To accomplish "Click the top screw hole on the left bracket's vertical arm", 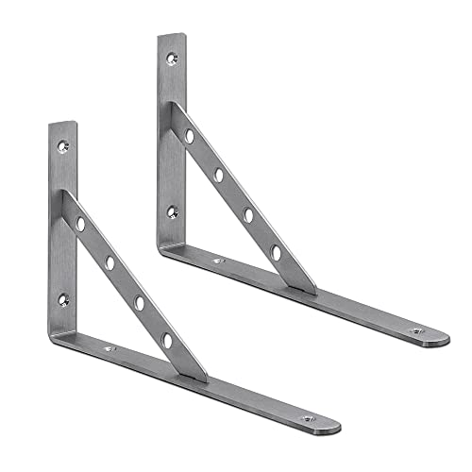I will click(x=63, y=147).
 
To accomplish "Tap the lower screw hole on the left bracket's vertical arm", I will click(x=64, y=300).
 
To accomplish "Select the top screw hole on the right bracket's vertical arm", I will click(x=172, y=59).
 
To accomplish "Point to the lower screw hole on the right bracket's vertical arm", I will click(x=173, y=212).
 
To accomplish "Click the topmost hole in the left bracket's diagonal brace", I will click(x=81, y=224).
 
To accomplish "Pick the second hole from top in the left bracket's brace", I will click(x=110, y=262).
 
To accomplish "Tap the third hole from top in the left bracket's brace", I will click(x=140, y=302).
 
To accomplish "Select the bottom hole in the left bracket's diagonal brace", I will click(x=168, y=339).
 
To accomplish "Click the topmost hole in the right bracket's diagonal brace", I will click(x=190, y=136).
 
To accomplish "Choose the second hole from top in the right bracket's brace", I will click(x=219, y=175).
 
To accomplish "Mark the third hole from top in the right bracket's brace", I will click(x=248, y=214).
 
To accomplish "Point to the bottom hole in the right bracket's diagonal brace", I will click(x=277, y=252).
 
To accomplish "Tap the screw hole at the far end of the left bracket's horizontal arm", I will click(x=308, y=417).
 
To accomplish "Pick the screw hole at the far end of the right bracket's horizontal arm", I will click(x=416, y=331).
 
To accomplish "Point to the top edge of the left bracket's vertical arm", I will click(x=61, y=123).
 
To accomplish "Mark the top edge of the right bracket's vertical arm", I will click(x=171, y=35).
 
